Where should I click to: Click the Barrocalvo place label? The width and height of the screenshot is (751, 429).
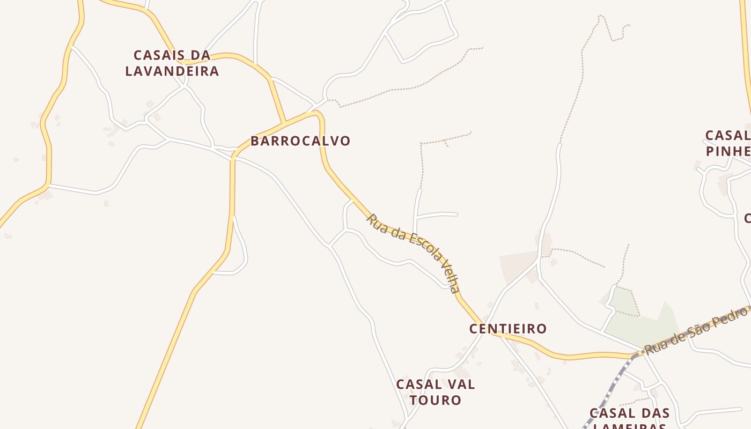tap(300, 141)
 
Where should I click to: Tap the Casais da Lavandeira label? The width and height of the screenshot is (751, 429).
tap(172, 63)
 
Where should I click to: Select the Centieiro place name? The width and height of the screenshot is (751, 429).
tap(508, 329)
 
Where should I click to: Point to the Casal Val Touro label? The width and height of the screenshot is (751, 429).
tap(436, 392)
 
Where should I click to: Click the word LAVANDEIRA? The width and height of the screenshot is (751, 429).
tap(172, 71)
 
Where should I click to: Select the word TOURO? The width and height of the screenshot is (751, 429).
tap(436, 400)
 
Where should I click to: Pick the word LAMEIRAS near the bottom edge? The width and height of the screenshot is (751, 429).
tap(630, 427)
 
